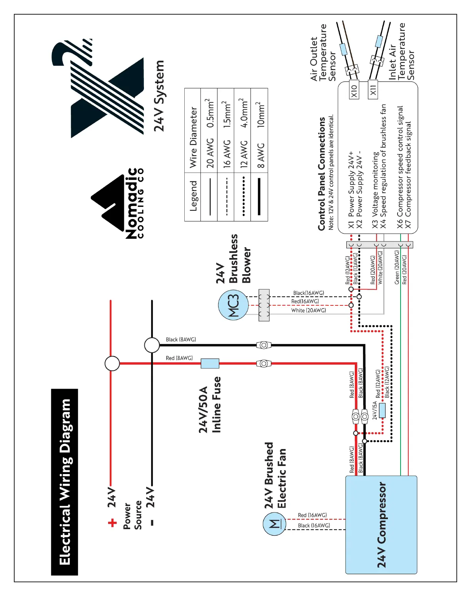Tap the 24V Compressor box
click(381, 525)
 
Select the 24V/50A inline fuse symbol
click(210, 363)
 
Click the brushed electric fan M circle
click(274, 524)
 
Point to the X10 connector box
click(354, 90)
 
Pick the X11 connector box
click(373, 90)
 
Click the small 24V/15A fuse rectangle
click(382, 411)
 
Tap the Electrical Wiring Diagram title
click(65, 482)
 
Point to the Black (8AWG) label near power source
click(181, 340)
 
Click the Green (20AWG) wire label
click(397, 267)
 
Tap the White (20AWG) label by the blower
click(309, 310)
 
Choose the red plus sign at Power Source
click(112, 523)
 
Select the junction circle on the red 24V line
click(112, 363)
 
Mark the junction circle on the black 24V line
click(152, 345)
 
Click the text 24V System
click(159, 96)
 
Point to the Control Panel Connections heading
click(322, 174)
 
